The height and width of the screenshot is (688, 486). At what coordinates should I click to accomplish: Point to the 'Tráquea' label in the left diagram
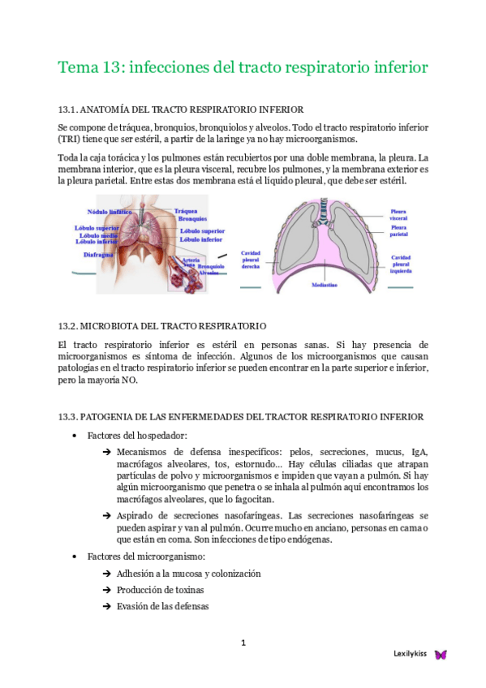tap(187, 211)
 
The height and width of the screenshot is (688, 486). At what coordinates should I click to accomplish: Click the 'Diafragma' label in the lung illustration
tap(100, 255)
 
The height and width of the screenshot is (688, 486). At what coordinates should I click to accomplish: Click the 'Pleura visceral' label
tap(398, 214)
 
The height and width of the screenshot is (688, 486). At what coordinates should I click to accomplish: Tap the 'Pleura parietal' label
tap(398, 231)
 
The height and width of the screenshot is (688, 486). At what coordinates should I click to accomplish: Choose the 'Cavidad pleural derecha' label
tap(252, 261)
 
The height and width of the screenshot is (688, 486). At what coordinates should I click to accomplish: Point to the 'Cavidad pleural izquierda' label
tap(401, 264)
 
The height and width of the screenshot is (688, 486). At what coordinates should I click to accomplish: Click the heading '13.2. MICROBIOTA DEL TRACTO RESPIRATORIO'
tap(162, 325)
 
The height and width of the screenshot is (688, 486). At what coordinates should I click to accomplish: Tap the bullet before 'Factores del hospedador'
tap(75, 436)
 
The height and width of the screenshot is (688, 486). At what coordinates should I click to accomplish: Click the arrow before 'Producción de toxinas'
tap(107, 590)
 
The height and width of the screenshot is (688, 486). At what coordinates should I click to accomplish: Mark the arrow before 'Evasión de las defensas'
tap(107, 606)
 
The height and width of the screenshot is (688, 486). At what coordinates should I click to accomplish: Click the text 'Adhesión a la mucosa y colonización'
tap(188, 573)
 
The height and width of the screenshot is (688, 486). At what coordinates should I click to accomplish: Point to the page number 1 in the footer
tap(243, 643)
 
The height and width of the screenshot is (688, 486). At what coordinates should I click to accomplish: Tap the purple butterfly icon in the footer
tap(441, 654)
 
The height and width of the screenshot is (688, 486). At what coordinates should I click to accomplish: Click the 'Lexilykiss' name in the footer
tap(411, 654)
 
